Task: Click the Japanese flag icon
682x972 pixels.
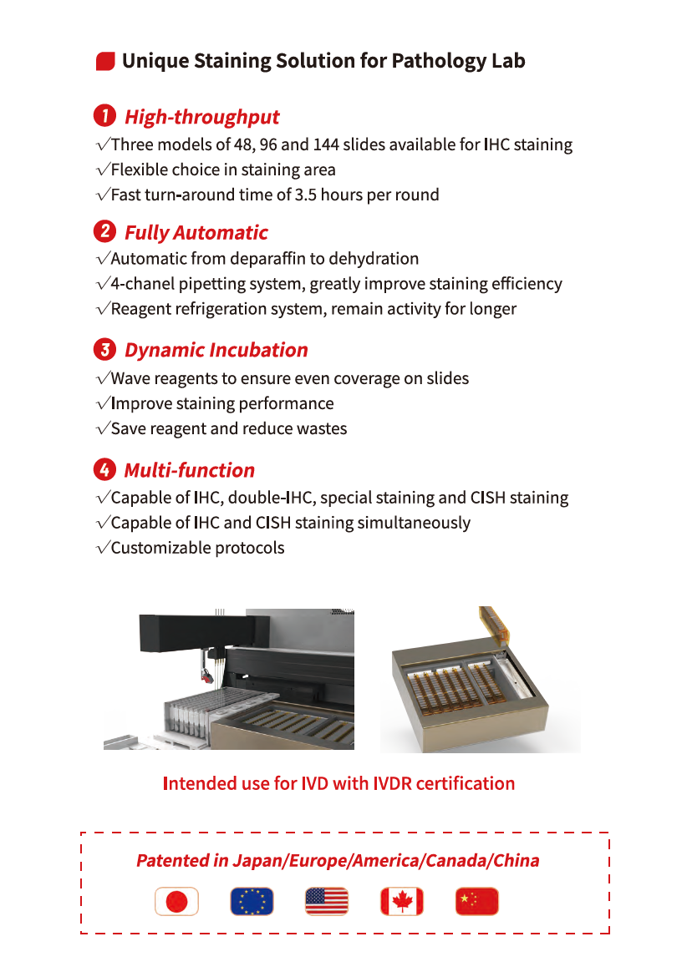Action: pyautogui.click(x=176, y=901)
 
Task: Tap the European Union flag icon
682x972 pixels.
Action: pyautogui.click(x=252, y=901)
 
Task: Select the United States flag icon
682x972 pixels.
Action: pyautogui.click(x=327, y=901)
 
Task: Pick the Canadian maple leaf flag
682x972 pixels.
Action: pyautogui.click(x=402, y=901)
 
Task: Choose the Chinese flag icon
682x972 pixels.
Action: pyautogui.click(x=477, y=901)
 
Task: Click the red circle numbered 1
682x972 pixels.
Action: pyautogui.click(x=105, y=116)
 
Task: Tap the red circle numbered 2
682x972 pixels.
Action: pyautogui.click(x=105, y=231)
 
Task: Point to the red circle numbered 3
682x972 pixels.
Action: pyautogui.click(x=105, y=349)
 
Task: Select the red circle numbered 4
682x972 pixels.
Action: pyautogui.click(x=105, y=469)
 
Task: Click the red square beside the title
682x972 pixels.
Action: pyautogui.click(x=105, y=61)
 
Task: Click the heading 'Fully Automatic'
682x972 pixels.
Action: pyautogui.click(x=196, y=232)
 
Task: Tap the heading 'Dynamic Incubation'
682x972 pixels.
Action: pyautogui.click(x=216, y=350)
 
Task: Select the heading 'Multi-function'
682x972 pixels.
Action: pyautogui.click(x=190, y=470)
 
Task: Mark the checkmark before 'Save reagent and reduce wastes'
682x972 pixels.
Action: pyautogui.click(x=103, y=429)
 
